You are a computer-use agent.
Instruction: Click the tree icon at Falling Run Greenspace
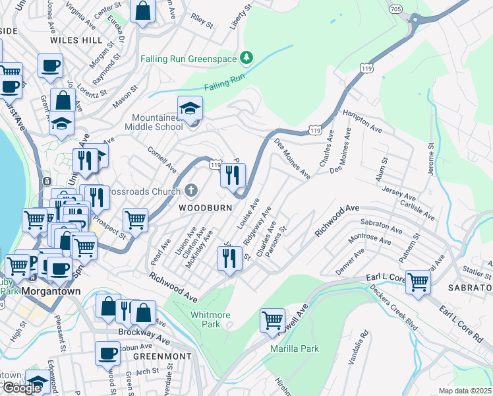pyautogui.click(x=246, y=58)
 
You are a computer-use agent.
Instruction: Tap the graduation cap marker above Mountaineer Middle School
pyautogui.click(x=190, y=108)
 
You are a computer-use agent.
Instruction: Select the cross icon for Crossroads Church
pyautogui.click(x=190, y=191)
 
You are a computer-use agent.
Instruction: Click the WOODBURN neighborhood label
pyautogui.click(x=205, y=207)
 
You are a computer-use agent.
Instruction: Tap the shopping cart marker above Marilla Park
pyautogui.click(x=272, y=321)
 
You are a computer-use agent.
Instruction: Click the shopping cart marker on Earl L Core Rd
pyautogui.click(x=418, y=282)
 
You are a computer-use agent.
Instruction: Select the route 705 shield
pyautogui.click(x=411, y=9)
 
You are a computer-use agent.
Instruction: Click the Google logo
pyautogui.click(x=22, y=387)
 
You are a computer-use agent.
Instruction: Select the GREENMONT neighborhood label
pyautogui.click(x=162, y=356)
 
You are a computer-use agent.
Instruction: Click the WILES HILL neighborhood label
pyautogui.click(x=76, y=40)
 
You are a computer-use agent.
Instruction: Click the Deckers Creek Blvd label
pyautogui.click(x=393, y=308)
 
